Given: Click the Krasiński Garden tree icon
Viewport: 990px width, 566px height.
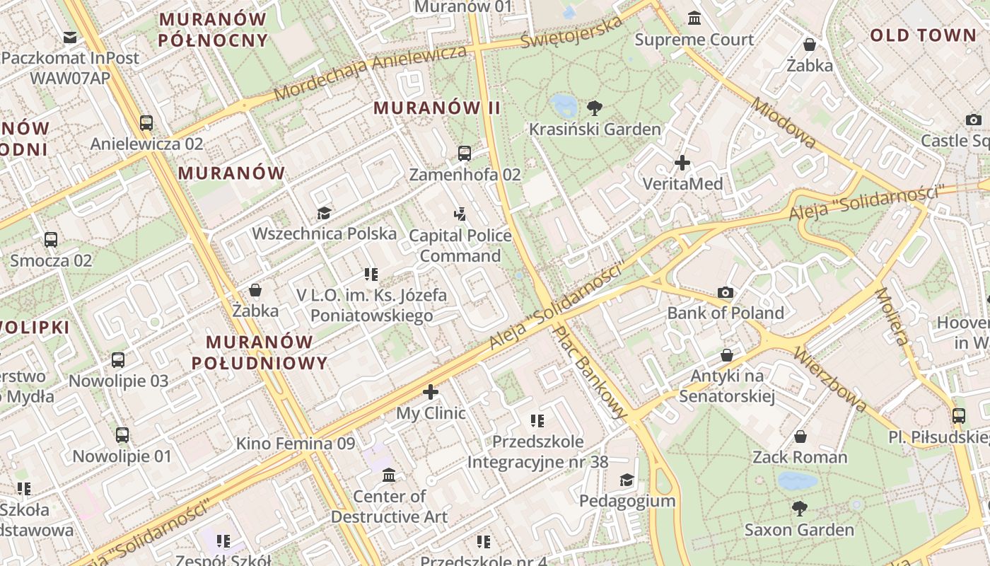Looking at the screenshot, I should pos(595,108).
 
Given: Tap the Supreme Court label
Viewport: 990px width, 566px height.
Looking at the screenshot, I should pos(694,40).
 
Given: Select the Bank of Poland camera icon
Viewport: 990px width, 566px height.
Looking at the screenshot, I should pos(726,292).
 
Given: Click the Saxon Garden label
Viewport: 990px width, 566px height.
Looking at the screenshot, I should pos(799,529).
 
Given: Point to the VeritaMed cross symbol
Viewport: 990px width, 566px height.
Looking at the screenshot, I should pos(682,163).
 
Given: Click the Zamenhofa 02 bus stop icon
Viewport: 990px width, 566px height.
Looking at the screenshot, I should pos(465,153).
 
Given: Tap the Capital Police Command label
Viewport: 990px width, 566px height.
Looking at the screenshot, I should pos(460,245).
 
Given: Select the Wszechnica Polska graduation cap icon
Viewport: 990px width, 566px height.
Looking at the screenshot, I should pos(324,213).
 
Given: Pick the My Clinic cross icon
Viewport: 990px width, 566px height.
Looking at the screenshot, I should pos(431,392).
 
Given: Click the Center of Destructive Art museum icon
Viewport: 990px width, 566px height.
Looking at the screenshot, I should pos(389,475).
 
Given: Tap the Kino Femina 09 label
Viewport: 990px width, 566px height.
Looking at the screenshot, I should pos(295,444).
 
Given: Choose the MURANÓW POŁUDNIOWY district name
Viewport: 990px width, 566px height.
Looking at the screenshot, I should pos(260,352).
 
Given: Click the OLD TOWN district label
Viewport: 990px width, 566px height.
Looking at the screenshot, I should pos(923,35).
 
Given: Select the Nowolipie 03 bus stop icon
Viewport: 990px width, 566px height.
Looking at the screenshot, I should pos(118,359).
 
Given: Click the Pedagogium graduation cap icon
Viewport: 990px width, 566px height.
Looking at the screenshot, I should pos(627,480).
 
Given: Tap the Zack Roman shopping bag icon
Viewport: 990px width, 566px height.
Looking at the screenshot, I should pos(800,437).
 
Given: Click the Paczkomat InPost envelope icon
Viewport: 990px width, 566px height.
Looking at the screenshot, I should pos(70,37).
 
